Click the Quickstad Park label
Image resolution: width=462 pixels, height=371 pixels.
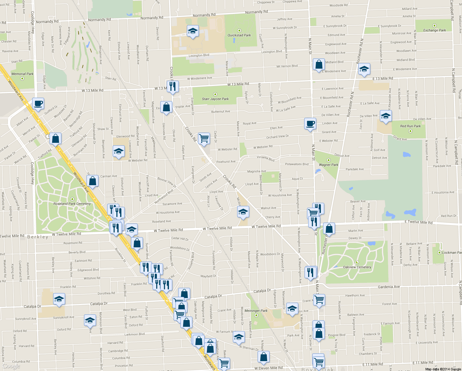239,35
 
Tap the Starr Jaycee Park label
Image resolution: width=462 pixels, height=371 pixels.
215,99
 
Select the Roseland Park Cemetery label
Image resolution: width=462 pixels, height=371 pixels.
72,204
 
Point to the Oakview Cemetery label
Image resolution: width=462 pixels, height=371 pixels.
357,267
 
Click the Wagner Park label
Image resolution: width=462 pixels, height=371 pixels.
329,165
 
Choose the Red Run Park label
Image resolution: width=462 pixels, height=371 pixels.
410,126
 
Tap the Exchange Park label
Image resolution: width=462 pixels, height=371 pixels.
435,30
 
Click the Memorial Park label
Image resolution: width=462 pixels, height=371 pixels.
22,74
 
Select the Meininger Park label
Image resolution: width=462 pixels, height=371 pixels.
256,311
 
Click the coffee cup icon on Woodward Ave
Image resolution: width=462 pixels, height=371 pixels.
38,104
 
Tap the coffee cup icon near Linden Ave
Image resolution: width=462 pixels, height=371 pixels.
310,124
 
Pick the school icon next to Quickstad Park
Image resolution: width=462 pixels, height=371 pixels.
193,31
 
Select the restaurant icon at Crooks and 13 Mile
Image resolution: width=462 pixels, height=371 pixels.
173,87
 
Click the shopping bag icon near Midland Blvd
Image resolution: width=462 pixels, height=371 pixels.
319,65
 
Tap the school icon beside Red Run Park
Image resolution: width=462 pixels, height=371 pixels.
385,116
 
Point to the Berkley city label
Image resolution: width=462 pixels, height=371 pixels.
38,237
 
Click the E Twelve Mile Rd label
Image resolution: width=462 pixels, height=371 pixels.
418,222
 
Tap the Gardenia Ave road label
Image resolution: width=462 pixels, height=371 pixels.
389,287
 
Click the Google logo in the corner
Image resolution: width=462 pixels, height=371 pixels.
11,366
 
